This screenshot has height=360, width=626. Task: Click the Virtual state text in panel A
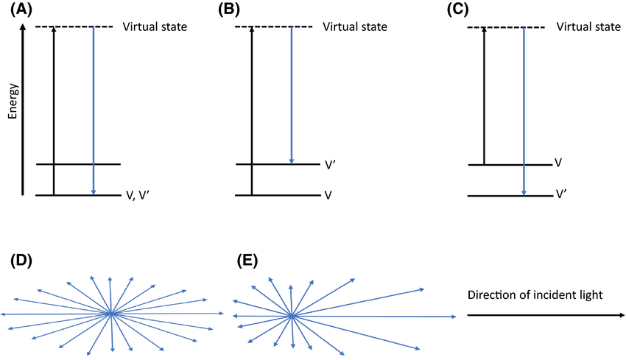point(155,27)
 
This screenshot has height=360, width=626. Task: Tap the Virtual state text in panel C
point(588,27)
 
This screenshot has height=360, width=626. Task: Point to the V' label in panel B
point(330,165)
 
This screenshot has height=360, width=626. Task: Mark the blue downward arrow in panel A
point(94,110)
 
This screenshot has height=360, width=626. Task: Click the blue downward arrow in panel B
point(292,96)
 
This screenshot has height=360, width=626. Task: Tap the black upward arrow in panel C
point(483,96)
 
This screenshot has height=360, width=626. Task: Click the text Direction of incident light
point(535,294)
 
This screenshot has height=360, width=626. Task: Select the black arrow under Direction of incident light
point(545,315)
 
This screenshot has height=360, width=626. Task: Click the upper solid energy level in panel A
point(77,164)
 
